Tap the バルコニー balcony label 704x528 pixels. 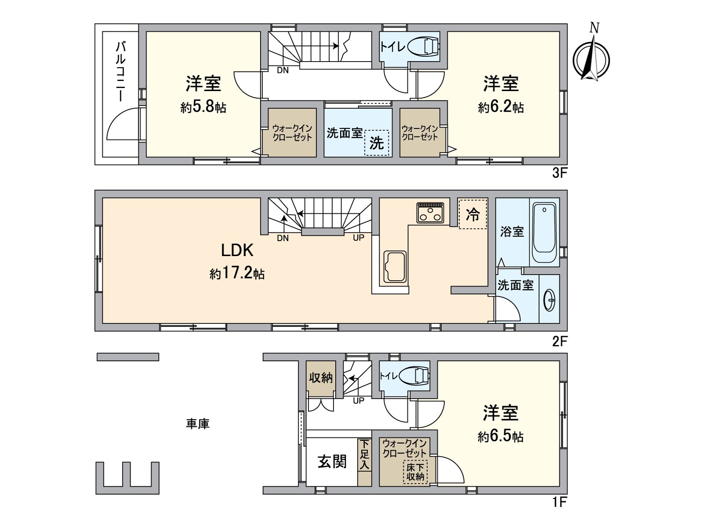pos(120,73)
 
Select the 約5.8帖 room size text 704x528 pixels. pos(203,107)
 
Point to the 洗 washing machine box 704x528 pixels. pos(377,143)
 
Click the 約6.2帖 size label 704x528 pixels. pos(501,107)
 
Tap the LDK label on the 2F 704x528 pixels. pos(237,250)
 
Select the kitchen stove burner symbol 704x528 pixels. pos(430,213)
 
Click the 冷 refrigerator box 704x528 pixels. pos(473,214)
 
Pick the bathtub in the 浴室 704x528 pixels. pos(544,232)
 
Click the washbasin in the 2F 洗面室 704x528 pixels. pos(550,300)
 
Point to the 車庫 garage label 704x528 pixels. pos(198,424)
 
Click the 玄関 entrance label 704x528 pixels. pos(332,462)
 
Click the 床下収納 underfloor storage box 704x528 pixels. pos(415,472)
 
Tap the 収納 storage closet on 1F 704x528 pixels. pos(321,379)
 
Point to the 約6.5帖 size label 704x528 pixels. pos(501,437)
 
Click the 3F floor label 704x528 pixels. pos(560,173)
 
